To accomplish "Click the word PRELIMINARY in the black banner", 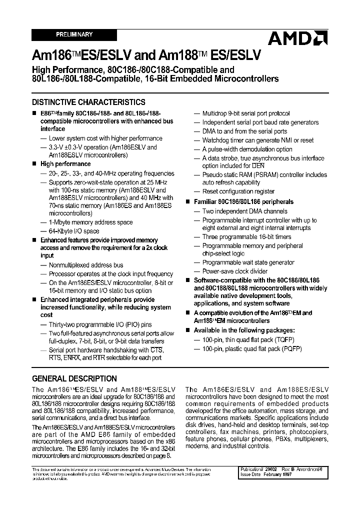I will point(74,34).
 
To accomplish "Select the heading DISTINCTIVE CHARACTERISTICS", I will point(88,101).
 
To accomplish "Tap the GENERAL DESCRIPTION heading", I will point(74,378).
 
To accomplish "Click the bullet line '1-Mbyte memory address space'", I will point(90,222).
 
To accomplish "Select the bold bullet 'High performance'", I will point(65,163).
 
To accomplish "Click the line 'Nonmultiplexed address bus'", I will point(85,265).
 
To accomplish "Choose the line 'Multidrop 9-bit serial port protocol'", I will point(245,113).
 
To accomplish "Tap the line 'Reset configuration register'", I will point(238,191).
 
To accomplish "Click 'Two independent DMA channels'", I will point(244,211).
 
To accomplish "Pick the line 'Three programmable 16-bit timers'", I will point(246,237).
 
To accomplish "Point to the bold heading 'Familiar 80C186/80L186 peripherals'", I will point(243,201).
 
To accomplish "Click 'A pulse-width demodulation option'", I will point(247,149).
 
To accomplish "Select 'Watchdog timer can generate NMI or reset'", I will point(257,140).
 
